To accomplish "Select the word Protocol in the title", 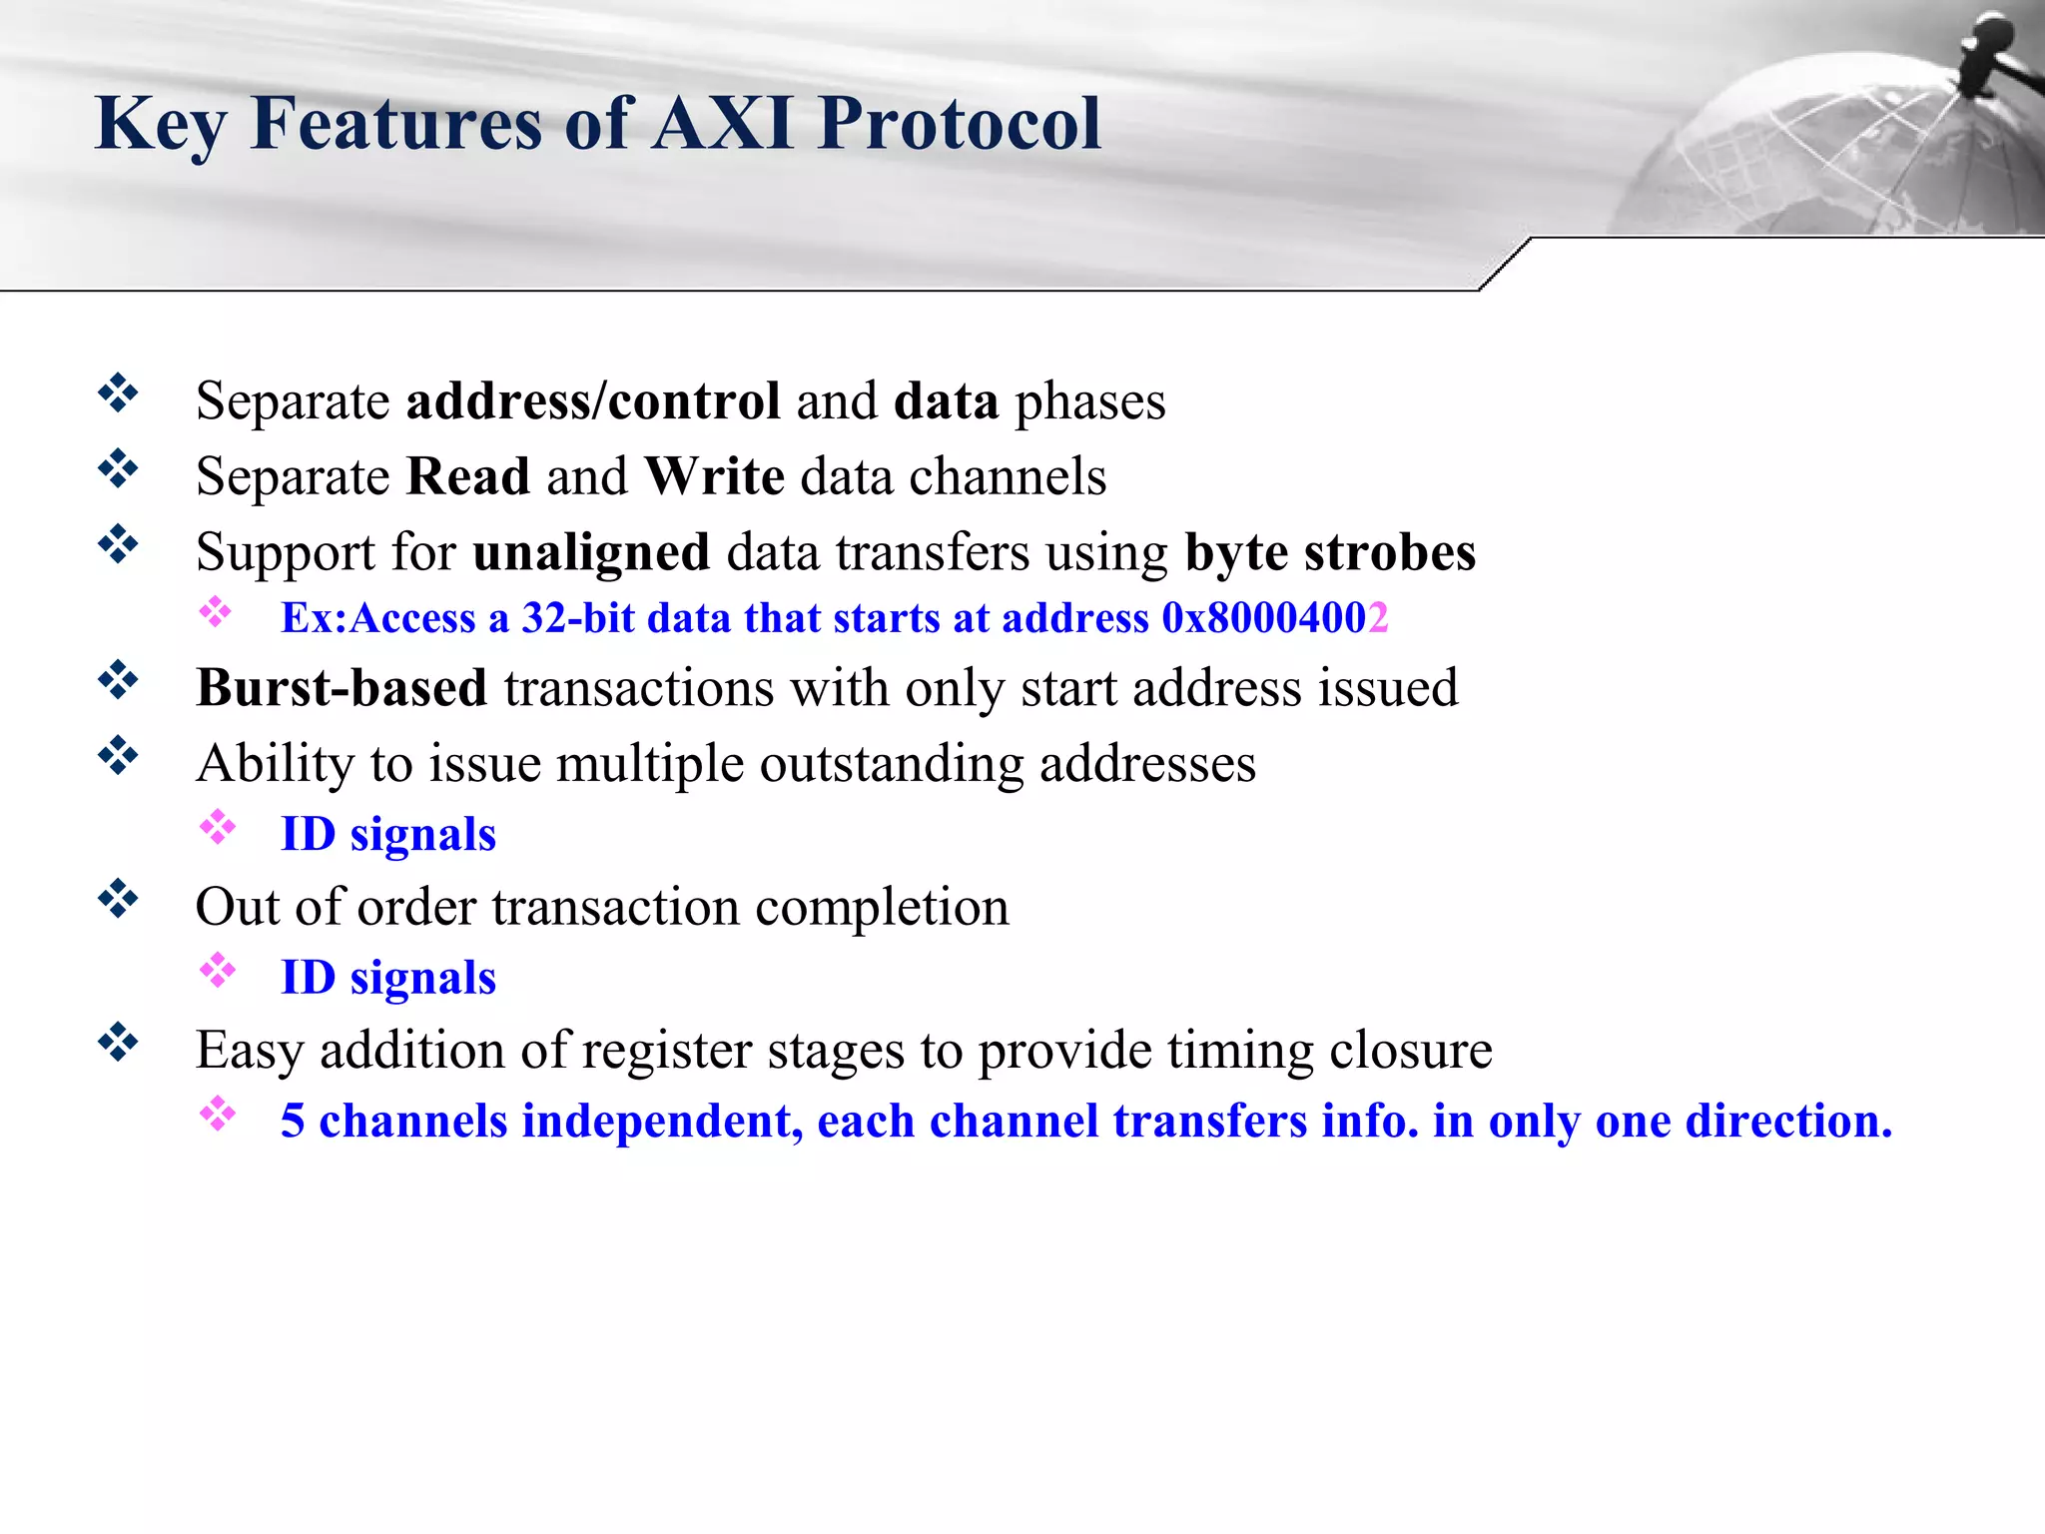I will coord(959,125).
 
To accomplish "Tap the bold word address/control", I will coord(593,401).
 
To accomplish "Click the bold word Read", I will coord(468,476).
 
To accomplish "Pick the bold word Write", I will coord(715,476).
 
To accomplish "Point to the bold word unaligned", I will coord(591,552).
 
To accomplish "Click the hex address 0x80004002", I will coord(1274,618).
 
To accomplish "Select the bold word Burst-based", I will coord(341,688).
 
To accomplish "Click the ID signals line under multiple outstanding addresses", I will coord(388,835).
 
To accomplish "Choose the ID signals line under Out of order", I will coord(388,978).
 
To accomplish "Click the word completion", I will coord(882,908).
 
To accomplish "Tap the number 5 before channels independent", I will coord(293,1121).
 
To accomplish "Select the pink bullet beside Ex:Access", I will coord(215,612).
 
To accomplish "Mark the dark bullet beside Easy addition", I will coord(118,1043).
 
